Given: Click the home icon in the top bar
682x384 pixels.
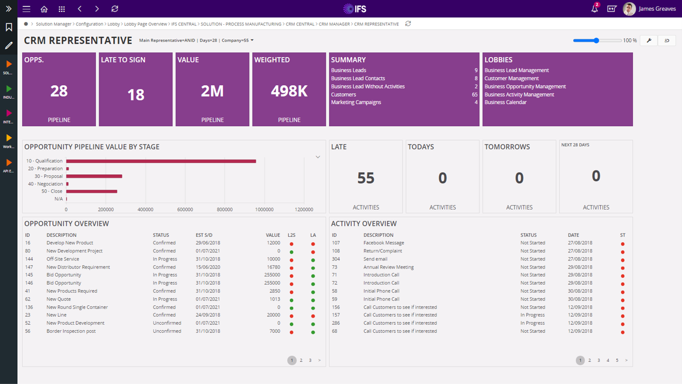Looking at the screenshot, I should tap(44, 9).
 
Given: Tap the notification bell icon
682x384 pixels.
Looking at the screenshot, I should tap(594, 9).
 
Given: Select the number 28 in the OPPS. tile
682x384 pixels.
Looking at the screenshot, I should tap(59, 91).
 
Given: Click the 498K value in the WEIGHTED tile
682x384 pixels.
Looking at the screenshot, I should tap(289, 91).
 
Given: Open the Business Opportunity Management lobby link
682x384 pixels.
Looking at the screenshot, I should tap(525, 86).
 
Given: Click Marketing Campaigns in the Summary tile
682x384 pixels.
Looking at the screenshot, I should tap(356, 102).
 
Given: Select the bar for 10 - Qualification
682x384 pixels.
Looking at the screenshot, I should tap(161, 161).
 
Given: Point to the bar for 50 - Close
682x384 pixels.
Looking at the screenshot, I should tap(92, 191).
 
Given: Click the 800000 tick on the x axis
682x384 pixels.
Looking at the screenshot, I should tap(225, 210).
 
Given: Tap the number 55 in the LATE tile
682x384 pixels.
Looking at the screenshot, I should tap(366, 178).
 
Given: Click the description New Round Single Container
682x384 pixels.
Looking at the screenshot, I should tap(77, 307).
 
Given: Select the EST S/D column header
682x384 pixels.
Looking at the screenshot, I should tap(204, 235).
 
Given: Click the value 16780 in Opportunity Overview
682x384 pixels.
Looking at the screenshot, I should tap(273, 267).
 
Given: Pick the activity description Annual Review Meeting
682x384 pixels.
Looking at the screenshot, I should tap(388, 267).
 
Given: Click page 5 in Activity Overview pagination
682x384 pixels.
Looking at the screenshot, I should tap(617, 360).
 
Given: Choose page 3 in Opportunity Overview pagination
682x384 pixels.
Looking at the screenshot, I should tap(310, 360).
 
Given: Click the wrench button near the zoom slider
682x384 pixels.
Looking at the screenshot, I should tap(649, 40).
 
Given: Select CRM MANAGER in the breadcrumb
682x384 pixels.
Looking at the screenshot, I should tap(334, 24).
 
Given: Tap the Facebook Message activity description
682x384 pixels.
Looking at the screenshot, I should tap(384, 243).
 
